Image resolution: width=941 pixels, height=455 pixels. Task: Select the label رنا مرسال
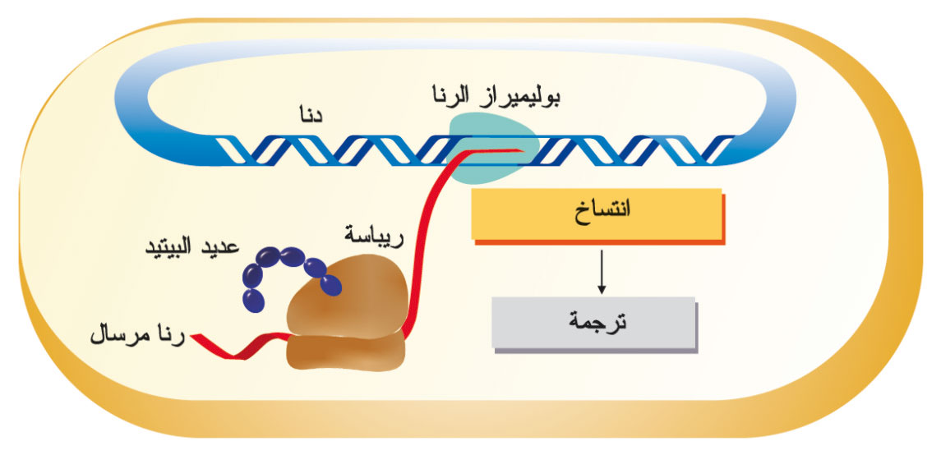[x=139, y=334]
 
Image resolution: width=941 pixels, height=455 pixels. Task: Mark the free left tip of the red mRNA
[x=192, y=337]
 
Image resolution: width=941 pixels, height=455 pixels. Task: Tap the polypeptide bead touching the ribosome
[x=330, y=284]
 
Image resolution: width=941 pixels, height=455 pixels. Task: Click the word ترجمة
[x=597, y=323]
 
